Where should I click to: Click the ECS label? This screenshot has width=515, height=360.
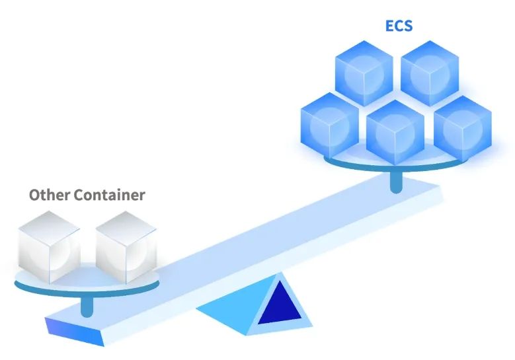pyautogui.click(x=399, y=26)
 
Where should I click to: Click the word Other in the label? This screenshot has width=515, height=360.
pyautogui.click(x=50, y=195)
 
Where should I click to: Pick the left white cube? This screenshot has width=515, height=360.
pyautogui.click(x=49, y=246)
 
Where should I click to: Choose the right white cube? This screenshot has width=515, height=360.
pyautogui.click(x=126, y=246)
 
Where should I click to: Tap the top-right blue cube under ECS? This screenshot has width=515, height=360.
pyautogui.click(x=430, y=71)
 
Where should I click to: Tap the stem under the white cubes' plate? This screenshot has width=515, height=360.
pyautogui.click(x=86, y=306)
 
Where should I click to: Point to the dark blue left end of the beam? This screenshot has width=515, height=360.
pyautogui.click(x=63, y=328)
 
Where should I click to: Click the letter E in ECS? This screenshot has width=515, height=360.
pyautogui.click(x=390, y=26)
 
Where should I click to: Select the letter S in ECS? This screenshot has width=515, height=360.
pyautogui.click(x=409, y=26)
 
